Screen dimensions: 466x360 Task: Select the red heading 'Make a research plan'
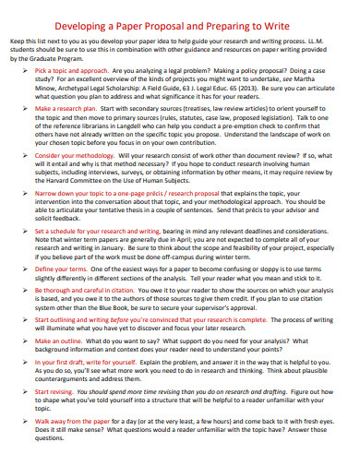(66, 108)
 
